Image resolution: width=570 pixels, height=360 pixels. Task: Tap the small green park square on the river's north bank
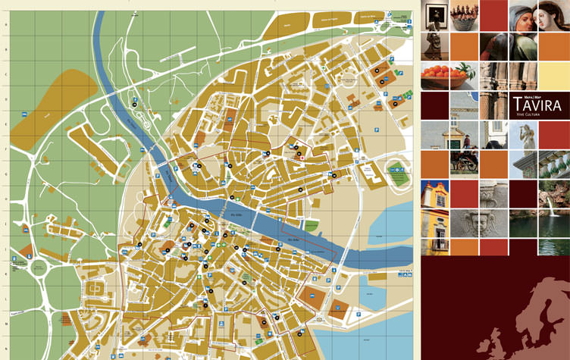(x=311, y=226)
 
